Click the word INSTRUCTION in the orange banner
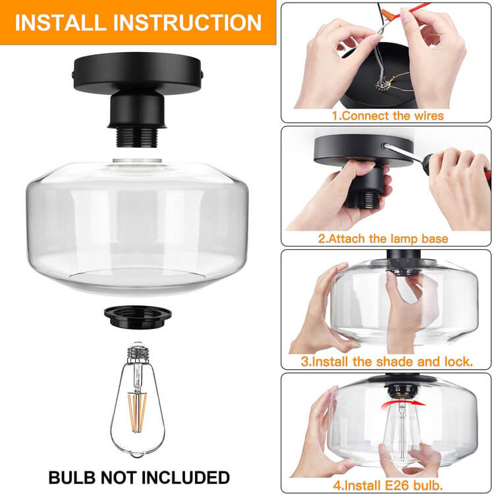coord(188,21)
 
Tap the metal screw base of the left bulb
coord(138,355)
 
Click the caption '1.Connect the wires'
coord(387,115)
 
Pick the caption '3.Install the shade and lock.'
coord(387,362)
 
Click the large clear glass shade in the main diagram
coord(138,224)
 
